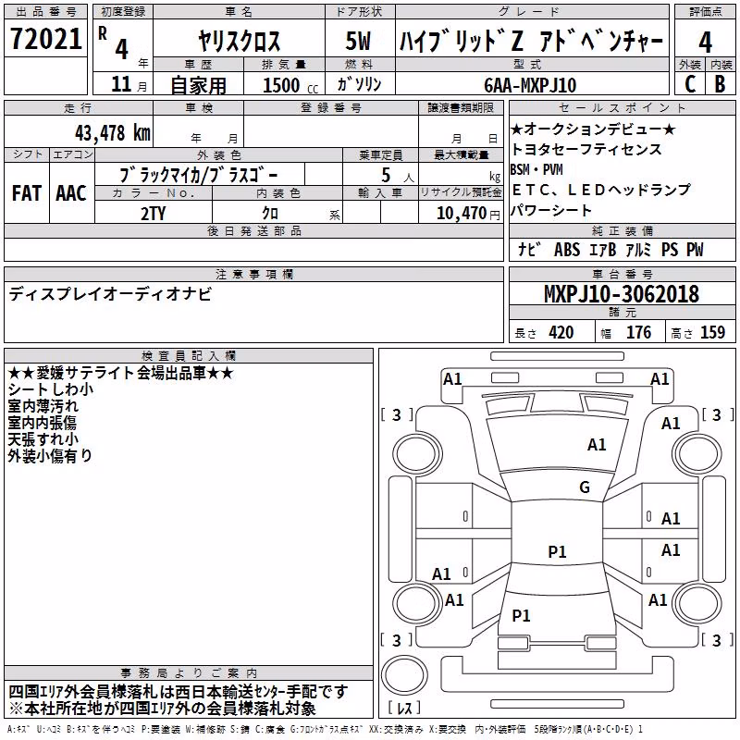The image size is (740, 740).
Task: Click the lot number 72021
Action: [45, 39]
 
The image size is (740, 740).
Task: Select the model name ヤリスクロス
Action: [239, 41]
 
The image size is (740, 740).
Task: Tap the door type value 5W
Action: [358, 41]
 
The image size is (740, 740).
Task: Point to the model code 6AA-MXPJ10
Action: [530, 85]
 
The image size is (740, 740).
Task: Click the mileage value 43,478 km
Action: [112, 133]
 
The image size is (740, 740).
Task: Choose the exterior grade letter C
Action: [690, 84]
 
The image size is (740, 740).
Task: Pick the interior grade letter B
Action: [720, 84]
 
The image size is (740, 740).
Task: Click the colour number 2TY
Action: [154, 214]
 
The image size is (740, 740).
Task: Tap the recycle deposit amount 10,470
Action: [461, 213]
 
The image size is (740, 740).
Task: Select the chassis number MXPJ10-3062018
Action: [621, 294]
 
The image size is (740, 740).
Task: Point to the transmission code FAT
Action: [27, 193]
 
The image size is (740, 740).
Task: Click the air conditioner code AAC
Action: [71, 193]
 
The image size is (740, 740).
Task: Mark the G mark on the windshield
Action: [585, 487]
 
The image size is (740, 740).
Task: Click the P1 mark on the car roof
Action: [557, 551]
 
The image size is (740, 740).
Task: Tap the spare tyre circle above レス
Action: [404, 675]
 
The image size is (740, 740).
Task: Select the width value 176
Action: [638, 332]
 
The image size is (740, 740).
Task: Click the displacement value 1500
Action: [281, 85]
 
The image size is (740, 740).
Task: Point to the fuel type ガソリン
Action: [359, 84]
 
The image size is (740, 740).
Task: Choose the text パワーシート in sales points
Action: [550, 210]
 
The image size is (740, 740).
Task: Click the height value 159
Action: [712, 332]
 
